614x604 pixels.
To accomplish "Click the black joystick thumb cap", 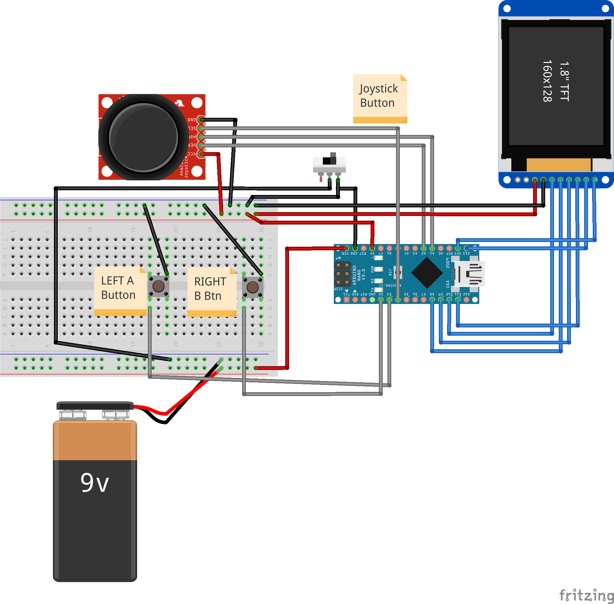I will point(143,138).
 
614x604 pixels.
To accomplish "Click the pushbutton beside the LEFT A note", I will point(158,286).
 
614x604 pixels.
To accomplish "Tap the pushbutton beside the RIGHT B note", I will point(253,287).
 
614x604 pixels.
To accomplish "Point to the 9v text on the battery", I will point(95,483).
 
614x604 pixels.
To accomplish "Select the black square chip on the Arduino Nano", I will point(427,273).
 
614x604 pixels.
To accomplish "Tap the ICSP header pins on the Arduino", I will point(343,274).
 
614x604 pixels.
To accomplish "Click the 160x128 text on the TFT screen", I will point(547,81).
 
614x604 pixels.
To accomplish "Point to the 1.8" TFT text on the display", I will point(564,81).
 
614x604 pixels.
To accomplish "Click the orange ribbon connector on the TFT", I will point(558,165).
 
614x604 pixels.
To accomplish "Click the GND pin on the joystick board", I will point(201,120).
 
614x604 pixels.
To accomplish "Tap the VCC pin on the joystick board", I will point(201,154).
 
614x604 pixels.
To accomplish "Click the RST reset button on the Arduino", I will point(398,272).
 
